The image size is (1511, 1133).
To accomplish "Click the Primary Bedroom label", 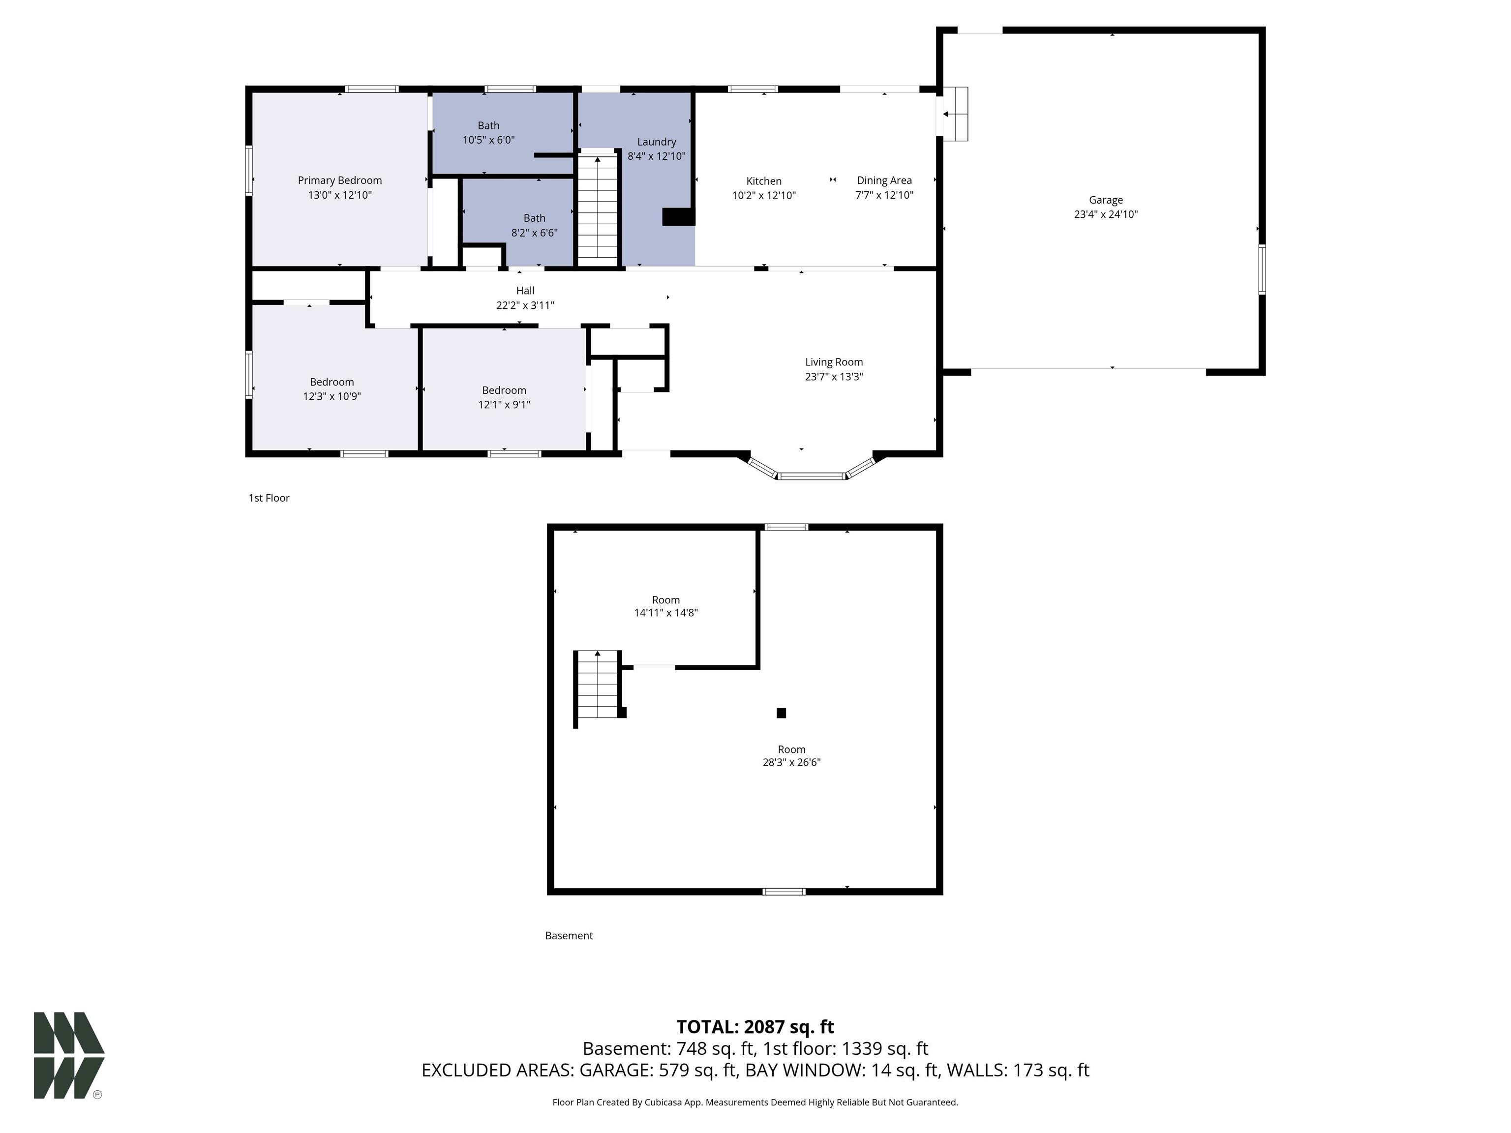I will click(x=339, y=180).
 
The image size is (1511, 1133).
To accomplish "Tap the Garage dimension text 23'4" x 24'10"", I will click(x=1105, y=214).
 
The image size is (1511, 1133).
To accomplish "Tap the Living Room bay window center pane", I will click(x=812, y=476).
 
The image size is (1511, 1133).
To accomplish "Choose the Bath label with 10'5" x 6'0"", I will click(x=488, y=126).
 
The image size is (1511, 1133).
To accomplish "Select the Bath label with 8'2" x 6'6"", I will click(x=534, y=218).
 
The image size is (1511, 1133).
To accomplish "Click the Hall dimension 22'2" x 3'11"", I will click(x=525, y=305).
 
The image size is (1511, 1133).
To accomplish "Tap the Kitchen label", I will click(x=764, y=181).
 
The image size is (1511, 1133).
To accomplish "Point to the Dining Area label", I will click(x=884, y=180).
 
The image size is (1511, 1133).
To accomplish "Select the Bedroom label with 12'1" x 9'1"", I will click(x=504, y=390).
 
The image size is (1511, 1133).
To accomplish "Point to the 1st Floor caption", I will click(x=269, y=498).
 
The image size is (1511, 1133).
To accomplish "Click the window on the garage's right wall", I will click(x=1262, y=270).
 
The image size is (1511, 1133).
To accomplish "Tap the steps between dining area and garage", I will click(x=956, y=114).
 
